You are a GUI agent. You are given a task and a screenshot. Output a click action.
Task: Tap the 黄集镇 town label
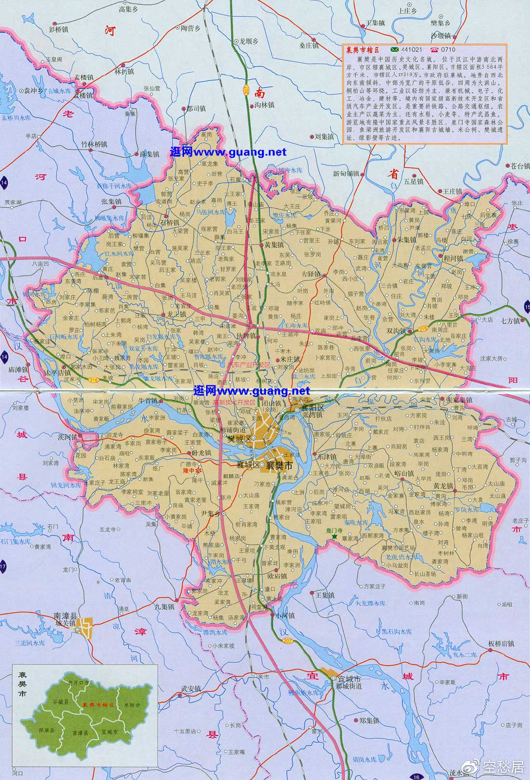(274, 245)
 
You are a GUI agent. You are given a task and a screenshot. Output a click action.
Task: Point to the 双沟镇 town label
(397, 331)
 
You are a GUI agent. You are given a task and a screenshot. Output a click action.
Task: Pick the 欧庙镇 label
(277, 576)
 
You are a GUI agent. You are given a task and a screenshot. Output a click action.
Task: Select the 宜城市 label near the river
(349, 679)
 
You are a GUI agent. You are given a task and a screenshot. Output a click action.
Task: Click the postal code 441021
(411, 50)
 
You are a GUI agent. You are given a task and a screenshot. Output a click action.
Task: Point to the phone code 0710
(448, 50)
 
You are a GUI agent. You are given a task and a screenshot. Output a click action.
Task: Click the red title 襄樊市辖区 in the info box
(362, 50)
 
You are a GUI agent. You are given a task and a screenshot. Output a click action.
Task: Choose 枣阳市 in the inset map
(131, 705)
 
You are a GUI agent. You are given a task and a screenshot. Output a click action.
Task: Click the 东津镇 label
(327, 456)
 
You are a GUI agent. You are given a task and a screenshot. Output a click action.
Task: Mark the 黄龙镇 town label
(443, 486)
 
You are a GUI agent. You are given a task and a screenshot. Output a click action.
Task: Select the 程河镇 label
(453, 257)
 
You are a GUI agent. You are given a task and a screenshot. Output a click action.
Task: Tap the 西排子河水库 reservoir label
(114, 186)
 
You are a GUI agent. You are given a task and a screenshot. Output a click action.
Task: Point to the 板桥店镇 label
(501, 644)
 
